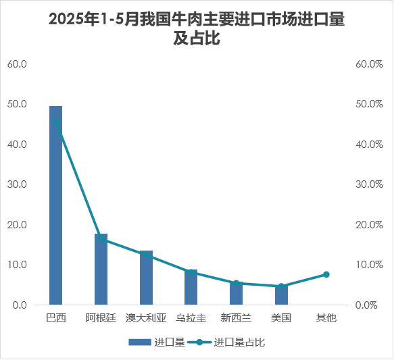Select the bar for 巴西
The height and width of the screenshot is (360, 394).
pos(55,205)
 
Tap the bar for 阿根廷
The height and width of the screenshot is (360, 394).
pos(101,269)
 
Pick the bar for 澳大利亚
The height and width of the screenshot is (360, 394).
pos(146,278)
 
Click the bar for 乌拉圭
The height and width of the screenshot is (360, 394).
pos(191,287)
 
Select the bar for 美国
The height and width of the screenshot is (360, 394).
pos(281,295)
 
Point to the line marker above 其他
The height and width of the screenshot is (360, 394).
pos(326,274)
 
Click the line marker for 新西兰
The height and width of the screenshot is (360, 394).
pos(236,283)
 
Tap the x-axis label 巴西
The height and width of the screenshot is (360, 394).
pos(55,317)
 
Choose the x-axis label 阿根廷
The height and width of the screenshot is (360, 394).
pos(101,317)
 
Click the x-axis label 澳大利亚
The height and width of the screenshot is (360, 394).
pos(146,317)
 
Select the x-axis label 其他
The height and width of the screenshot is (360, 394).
pos(326,317)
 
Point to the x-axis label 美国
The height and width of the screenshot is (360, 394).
pos(281,317)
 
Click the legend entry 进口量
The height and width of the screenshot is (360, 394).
pos(157,342)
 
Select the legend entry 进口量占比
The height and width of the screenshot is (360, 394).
pos(232,342)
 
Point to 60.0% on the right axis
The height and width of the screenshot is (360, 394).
pos(369,64)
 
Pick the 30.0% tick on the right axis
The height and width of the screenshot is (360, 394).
pos(369,184)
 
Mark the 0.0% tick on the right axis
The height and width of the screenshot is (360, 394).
pos(371,305)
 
